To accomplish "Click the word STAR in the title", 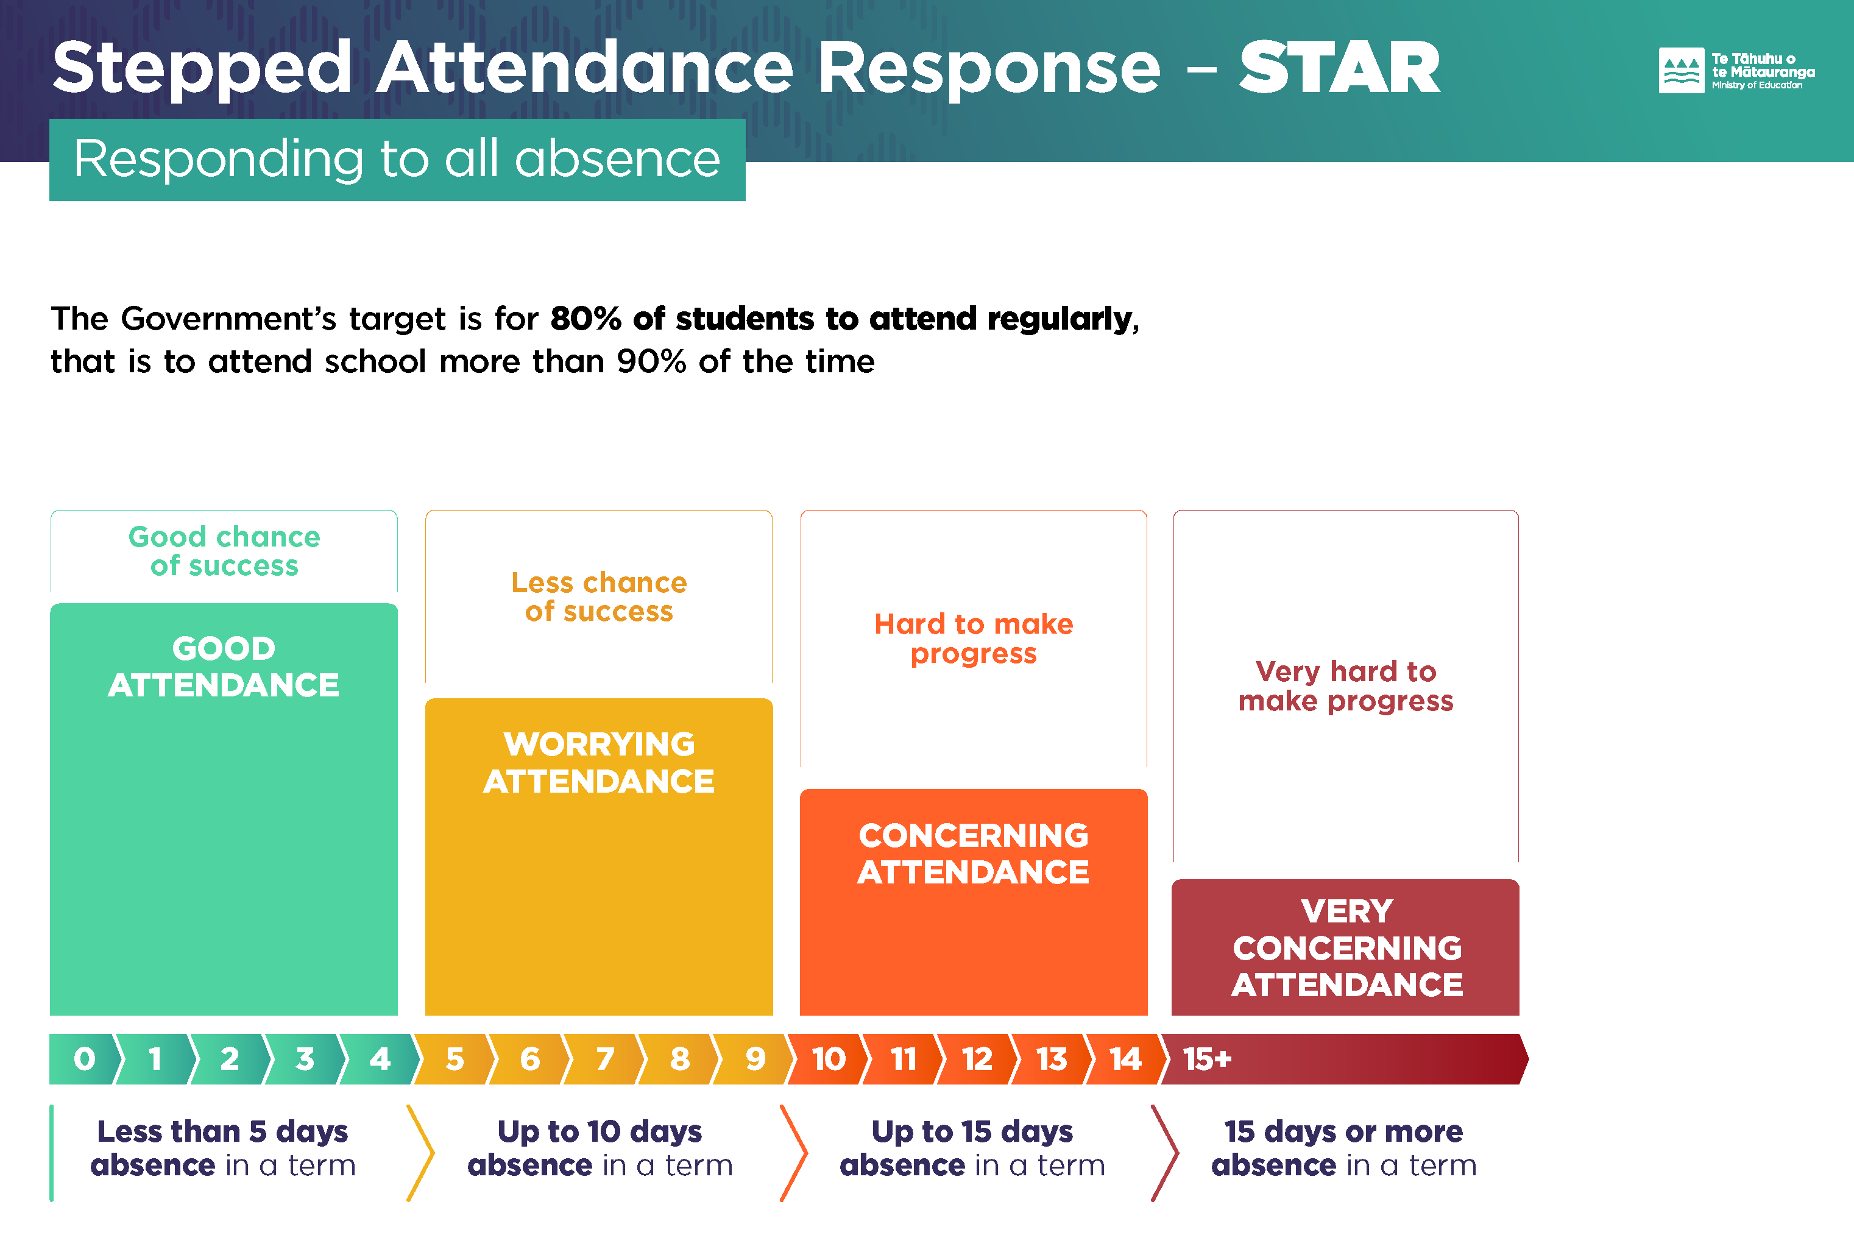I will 1340,68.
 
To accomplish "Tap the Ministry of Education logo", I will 1736,71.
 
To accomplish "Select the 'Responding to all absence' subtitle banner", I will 397,159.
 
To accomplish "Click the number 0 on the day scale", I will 85,1060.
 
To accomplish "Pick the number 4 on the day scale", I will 380,1060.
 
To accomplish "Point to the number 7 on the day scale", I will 605,1060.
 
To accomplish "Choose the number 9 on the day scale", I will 755,1060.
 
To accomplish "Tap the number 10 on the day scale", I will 828,1060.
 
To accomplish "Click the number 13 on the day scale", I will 1051,1060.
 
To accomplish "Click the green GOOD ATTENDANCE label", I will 224,667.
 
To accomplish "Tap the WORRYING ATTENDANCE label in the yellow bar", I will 599,762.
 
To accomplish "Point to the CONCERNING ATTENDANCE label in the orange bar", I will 973,854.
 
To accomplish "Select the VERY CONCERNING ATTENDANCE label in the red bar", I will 1346,948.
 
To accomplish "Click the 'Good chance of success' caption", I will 224,551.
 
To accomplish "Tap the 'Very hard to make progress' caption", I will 1346,686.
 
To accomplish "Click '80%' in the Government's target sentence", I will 586,319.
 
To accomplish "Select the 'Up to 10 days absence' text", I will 600,1148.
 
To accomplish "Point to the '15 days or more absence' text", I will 1343,1148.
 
